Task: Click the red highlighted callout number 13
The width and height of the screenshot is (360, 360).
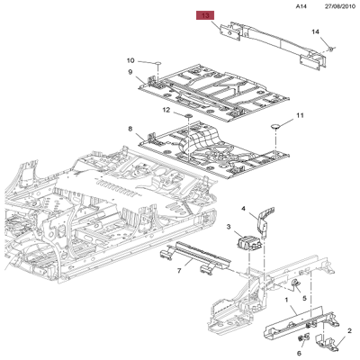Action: point(205,16)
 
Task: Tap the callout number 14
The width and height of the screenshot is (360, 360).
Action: point(315,32)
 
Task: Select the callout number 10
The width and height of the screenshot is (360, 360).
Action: point(130,59)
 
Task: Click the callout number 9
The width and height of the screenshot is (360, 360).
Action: point(130,72)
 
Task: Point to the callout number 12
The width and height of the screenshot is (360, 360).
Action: point(166,110)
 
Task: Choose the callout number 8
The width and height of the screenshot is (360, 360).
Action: point(130,128)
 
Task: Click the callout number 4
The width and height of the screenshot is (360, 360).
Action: point(242,210)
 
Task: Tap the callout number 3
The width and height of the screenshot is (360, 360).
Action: point(229,228)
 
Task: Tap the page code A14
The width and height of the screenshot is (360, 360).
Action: point(301,6)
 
